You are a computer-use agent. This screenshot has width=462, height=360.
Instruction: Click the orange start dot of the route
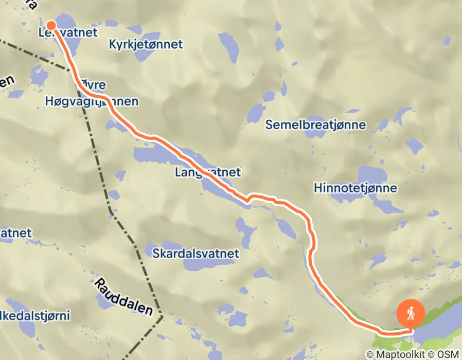[51, 25]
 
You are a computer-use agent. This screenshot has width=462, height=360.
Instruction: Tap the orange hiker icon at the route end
[411, 312]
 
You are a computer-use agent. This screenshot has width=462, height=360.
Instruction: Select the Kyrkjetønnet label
[146, 45]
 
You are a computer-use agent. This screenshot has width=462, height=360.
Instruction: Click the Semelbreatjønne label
[315, 125]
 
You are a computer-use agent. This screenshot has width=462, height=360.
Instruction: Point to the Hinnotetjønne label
[356, 188]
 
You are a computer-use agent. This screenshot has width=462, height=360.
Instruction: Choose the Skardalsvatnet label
[196, 253]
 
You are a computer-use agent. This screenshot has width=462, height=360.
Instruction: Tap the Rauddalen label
[124, 297]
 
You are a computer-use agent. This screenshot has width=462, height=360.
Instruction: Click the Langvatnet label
[207, 172]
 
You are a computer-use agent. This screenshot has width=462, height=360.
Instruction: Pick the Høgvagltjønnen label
[92, 101]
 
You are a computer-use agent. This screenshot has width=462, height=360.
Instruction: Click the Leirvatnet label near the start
[60, 33]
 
